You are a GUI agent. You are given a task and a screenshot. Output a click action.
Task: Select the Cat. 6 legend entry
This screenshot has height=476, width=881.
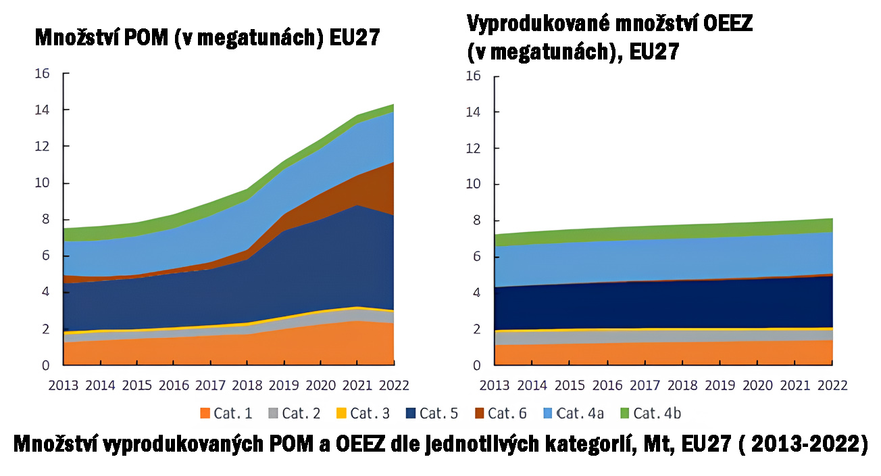tap(499, 412)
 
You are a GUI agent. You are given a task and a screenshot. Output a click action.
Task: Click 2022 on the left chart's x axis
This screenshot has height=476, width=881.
tap(395, 385)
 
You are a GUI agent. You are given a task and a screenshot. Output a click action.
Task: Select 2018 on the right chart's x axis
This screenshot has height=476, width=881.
tap(682, 385)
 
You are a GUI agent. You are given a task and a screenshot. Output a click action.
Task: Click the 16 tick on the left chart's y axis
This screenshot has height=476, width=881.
tap(42, 73)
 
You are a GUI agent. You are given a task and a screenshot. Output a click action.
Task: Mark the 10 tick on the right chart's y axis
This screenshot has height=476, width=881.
tap(473, 184)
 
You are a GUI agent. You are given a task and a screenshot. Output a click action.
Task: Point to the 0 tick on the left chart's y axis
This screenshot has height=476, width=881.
tap(45, 365)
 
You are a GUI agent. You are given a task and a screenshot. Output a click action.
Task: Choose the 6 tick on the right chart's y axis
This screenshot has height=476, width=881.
tap(476, 256)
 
